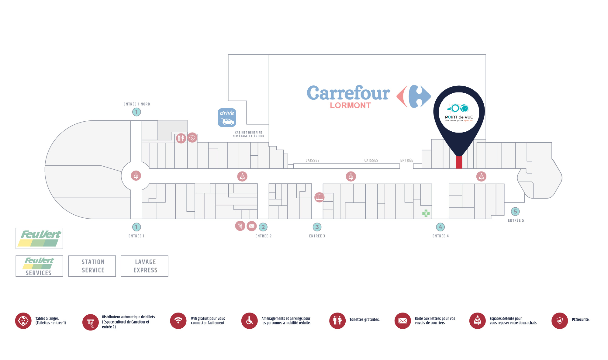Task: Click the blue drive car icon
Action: click(x=227, y=117)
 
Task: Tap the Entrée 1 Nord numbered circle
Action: click(x=136, y=112)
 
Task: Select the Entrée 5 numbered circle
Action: click(x=515, y=211)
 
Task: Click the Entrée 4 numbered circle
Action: click(x=440, y=227)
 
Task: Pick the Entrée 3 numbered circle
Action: click(x=317, y=227)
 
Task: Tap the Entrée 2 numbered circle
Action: click(x=263, y=227)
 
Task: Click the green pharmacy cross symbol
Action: click(x=426, y=213)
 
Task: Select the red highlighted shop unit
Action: click(x=459, y=162)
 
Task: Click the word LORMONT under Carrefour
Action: click(x=350, y=106)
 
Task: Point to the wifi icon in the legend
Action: click(x=178, y=320)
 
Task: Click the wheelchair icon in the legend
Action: click(x=249, y=320)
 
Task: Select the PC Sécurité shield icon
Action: click(x=559, y=320)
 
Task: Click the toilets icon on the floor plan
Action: click(x=181, y=138)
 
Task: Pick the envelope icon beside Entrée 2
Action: click(x=251, y=226)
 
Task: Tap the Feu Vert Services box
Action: click(x=39, y=266)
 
